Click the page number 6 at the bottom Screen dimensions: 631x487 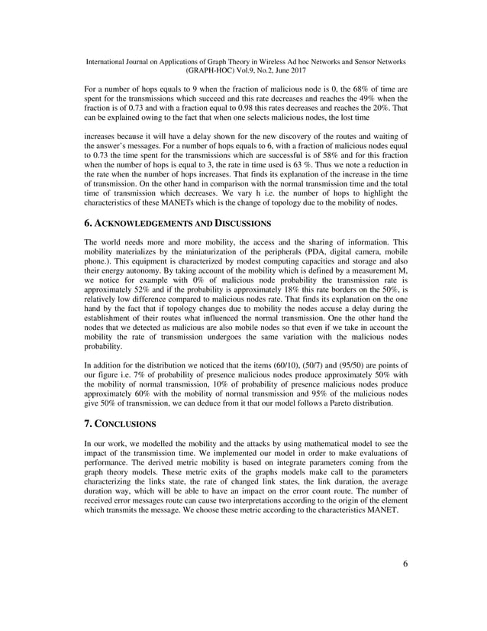pos(405,564)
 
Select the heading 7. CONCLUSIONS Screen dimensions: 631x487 pos(121,422)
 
